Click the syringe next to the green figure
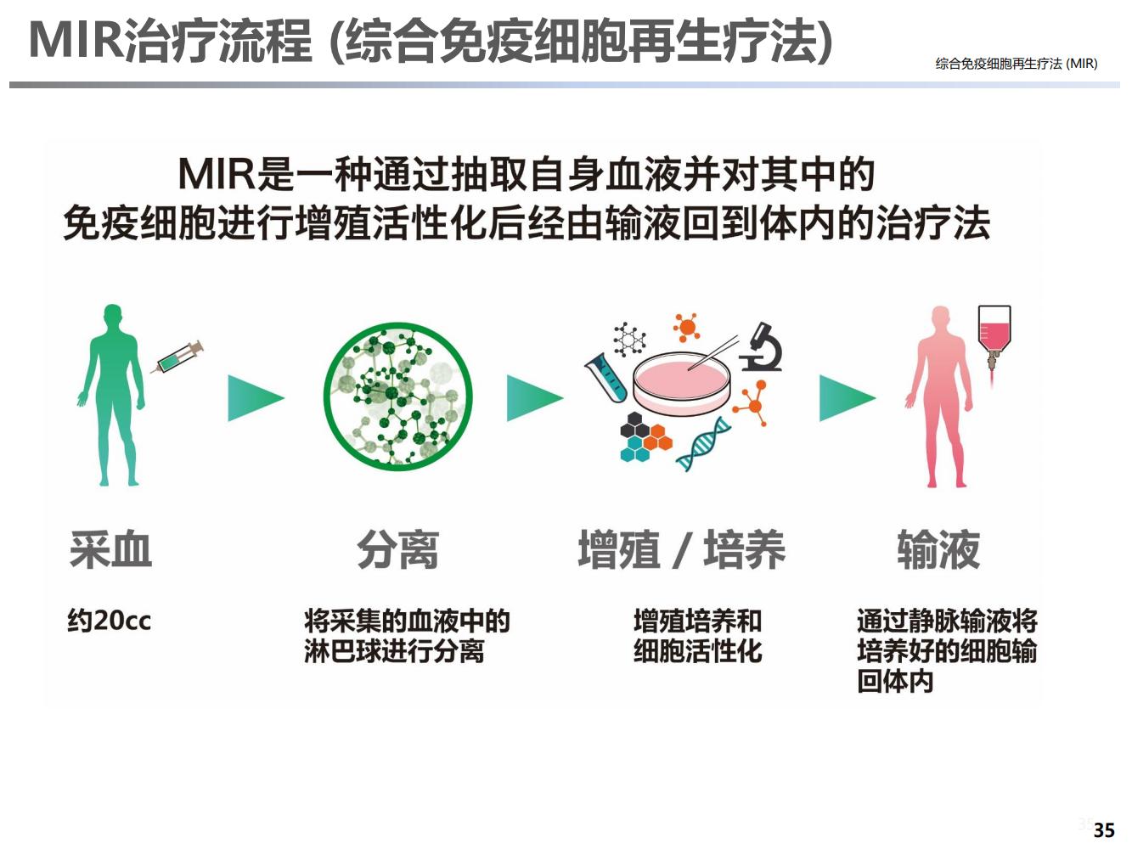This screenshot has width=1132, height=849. tap(177, 357)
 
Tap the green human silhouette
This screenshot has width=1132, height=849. tap(111, 395)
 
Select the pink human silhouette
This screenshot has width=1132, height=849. tap(938, 397)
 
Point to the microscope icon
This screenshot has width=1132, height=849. tap(761, 347)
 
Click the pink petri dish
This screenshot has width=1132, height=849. tap(681, 381)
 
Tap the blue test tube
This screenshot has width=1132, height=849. tap(606, 378)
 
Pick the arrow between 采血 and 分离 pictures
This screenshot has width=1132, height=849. tap(256, 397)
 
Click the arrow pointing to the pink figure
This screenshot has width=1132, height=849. tap(848, 397)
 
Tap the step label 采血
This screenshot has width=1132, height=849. tap(111, 549)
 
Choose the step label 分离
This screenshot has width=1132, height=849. tap(397, 549)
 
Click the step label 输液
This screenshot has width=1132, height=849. tap(938, 549)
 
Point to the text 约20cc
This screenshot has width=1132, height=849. tap(110, 620)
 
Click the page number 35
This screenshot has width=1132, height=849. tap(1104, 830)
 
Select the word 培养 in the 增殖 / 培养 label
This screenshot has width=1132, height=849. tap(744, 549)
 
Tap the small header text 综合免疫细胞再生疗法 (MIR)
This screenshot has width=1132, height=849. tap(1016, 64)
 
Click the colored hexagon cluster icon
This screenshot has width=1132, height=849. tap(645, 437)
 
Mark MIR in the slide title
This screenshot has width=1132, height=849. tap(76, 40)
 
